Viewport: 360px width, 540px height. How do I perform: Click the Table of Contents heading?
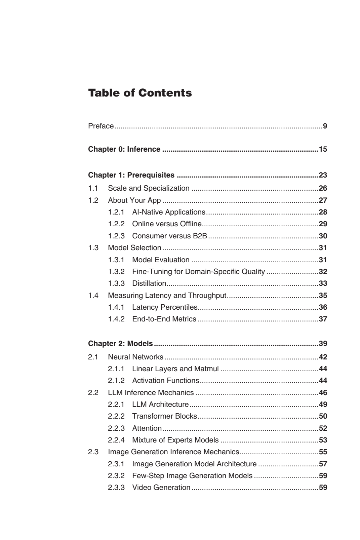(x=140, y=93)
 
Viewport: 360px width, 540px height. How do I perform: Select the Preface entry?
(x=101, y=126)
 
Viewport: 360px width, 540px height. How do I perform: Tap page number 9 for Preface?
(x=325, y=126)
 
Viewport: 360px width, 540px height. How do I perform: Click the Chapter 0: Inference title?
(x=124, y=149)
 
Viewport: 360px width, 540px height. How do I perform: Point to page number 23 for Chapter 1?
(x=323, y=175)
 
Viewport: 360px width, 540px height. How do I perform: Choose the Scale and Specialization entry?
(x=149, y=188)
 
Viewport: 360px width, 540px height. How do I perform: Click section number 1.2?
(x=93, y=200)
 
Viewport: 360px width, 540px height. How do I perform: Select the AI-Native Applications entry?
(x=168, y=212)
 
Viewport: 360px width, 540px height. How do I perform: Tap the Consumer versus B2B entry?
(x=169, y=236)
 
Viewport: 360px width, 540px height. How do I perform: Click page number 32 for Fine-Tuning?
(x=323, y=272)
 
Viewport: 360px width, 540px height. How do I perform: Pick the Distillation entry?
(x=149, y=283)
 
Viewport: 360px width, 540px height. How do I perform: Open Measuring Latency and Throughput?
(x=167, y=296)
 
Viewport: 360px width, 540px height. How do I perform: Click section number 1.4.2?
(x=116, y=319)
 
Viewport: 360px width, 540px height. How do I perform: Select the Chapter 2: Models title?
(x=120, y=344)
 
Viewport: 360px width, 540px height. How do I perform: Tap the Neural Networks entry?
(x=135, y=357)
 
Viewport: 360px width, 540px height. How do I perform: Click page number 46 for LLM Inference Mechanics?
(x=323, y=393)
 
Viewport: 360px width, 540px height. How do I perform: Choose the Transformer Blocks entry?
(x=164, y=416)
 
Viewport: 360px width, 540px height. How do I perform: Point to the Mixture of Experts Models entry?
(x=175, y=440)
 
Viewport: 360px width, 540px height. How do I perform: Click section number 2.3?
(x=93, y=452)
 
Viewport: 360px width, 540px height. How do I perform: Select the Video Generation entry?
(x=161, y=488)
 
